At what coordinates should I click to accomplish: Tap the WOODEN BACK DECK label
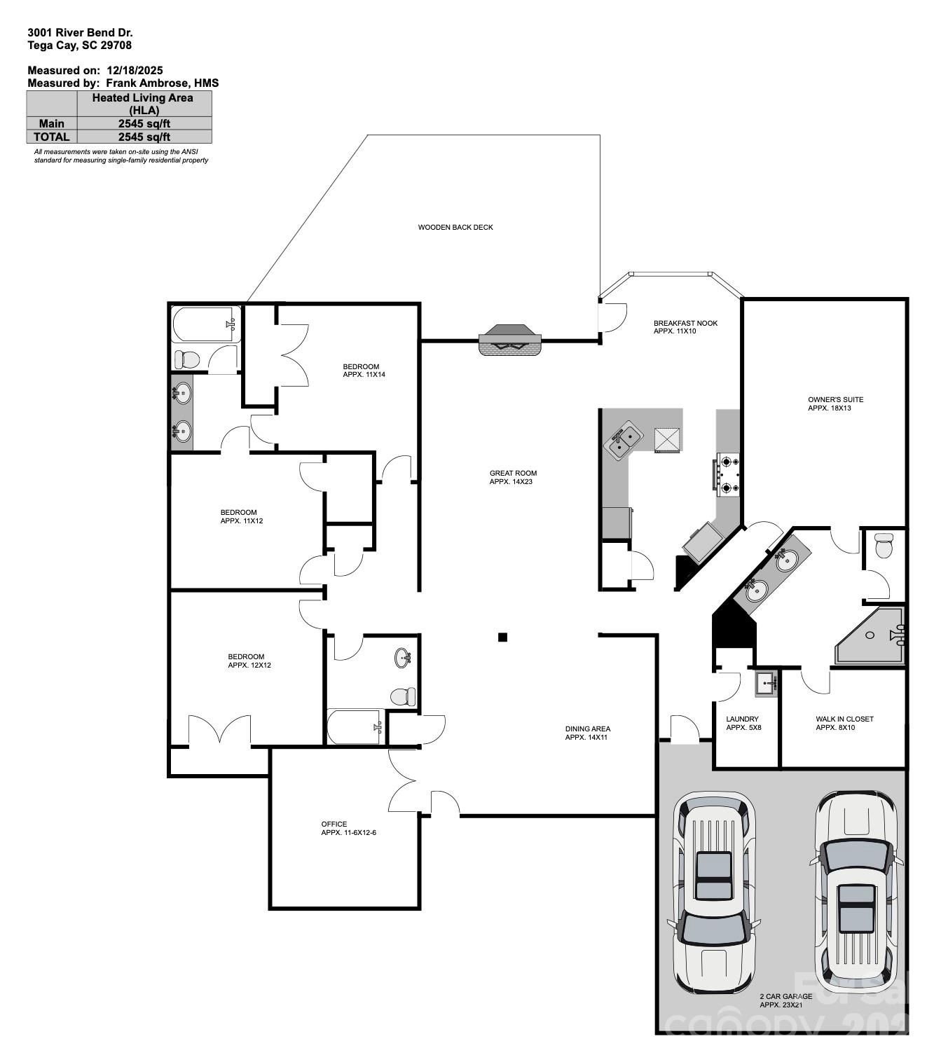tap(455, 227)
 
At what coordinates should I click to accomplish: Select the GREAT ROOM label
tap(513, 477)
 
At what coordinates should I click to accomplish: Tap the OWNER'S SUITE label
tap(835, 404)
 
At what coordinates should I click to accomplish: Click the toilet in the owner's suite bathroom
tap(884, 545)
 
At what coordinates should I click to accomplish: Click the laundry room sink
tap(767, 682)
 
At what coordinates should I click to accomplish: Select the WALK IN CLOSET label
tap(844, 723)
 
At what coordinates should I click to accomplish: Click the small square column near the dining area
tap(502, 637)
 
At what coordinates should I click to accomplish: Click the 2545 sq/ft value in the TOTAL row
tap(144, 137)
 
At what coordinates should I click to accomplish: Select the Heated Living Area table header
tap(143, 104)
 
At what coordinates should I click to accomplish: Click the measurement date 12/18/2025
tap(135, 70)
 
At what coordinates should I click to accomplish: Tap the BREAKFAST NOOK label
tap(685, 326)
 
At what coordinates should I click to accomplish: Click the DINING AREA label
tap(587, 733)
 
